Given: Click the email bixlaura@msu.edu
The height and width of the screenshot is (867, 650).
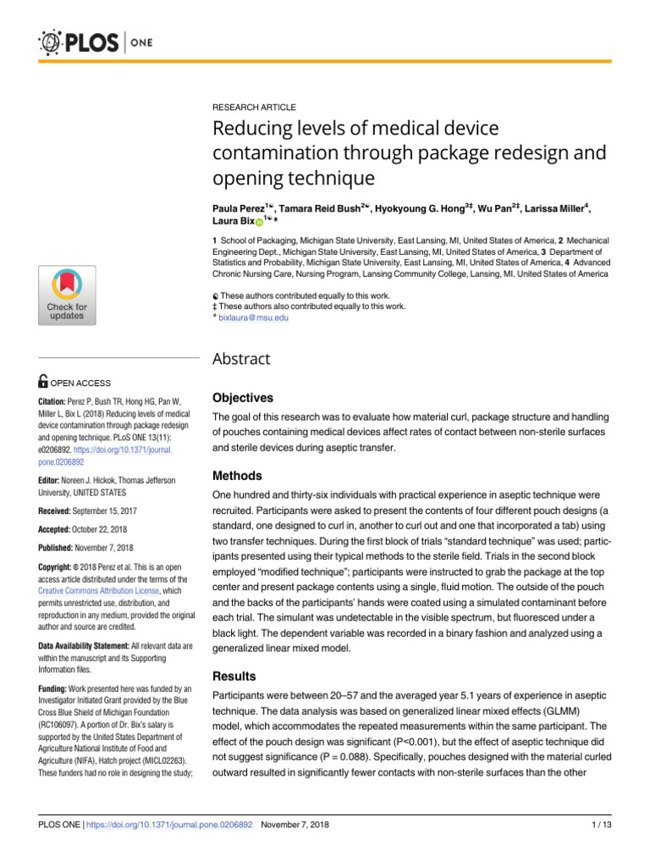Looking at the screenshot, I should point(253,318).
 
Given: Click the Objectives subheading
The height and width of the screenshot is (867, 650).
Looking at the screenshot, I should point(242,397).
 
